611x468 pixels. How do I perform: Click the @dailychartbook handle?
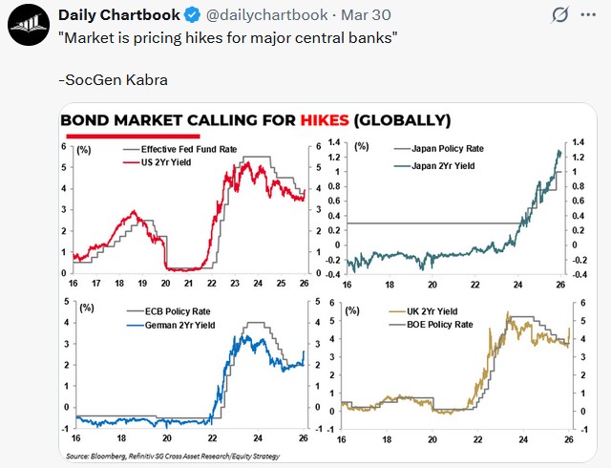pyautogui.click(x=276, y=15)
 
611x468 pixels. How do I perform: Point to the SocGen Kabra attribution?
pyautogui.click(x=113, y=79)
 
